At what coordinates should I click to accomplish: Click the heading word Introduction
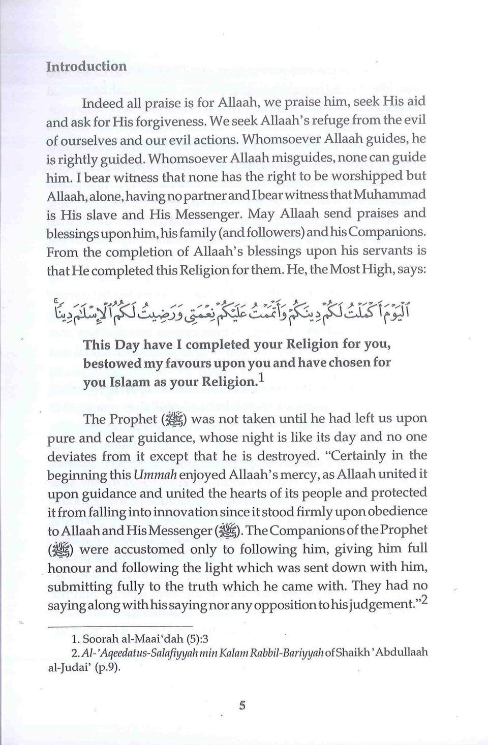pyautogui.click(x=86, y=67)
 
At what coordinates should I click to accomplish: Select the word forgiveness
pyautogui.click(x=171, y=122)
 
